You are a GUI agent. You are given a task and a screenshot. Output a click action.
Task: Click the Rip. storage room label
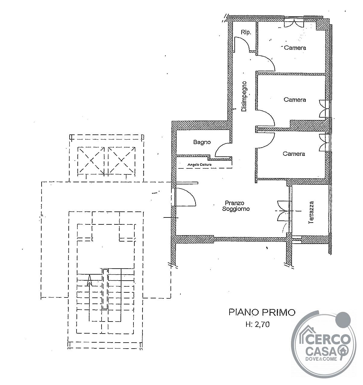click(246, 32)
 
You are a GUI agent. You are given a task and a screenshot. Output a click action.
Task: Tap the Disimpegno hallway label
click(244, 96)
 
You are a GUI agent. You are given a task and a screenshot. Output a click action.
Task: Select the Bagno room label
click(202, 142)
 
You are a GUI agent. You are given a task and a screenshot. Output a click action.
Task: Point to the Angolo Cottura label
click(199, 165)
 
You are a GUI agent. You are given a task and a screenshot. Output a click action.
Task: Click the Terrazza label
click(311, 212)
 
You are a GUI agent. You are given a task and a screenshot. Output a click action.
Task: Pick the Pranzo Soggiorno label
click(236, 206)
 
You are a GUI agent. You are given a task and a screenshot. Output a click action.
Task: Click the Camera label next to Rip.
click(295, 48)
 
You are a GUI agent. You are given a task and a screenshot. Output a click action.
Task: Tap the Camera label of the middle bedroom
click(295, 100)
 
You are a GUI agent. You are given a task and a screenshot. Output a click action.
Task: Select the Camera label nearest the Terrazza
click(294, 154)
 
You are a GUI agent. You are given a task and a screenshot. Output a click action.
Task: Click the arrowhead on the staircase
click(89, 280)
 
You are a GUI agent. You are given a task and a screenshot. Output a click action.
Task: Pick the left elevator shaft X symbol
click(91, 160)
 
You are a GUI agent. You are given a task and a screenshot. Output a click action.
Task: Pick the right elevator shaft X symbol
click(122, 160)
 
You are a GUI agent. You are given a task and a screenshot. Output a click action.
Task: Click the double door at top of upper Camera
click(294, 23)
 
